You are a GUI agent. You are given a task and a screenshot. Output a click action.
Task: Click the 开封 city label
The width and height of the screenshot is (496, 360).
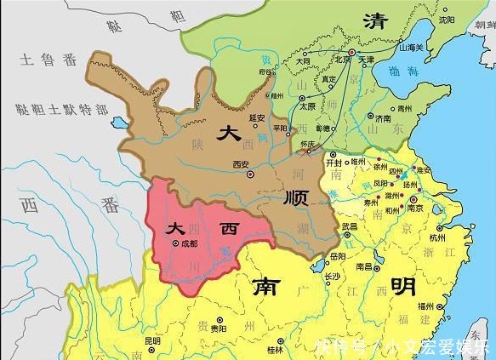pos(339,161)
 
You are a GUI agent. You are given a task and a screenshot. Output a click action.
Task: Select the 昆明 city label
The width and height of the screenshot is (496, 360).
pos(152,341)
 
